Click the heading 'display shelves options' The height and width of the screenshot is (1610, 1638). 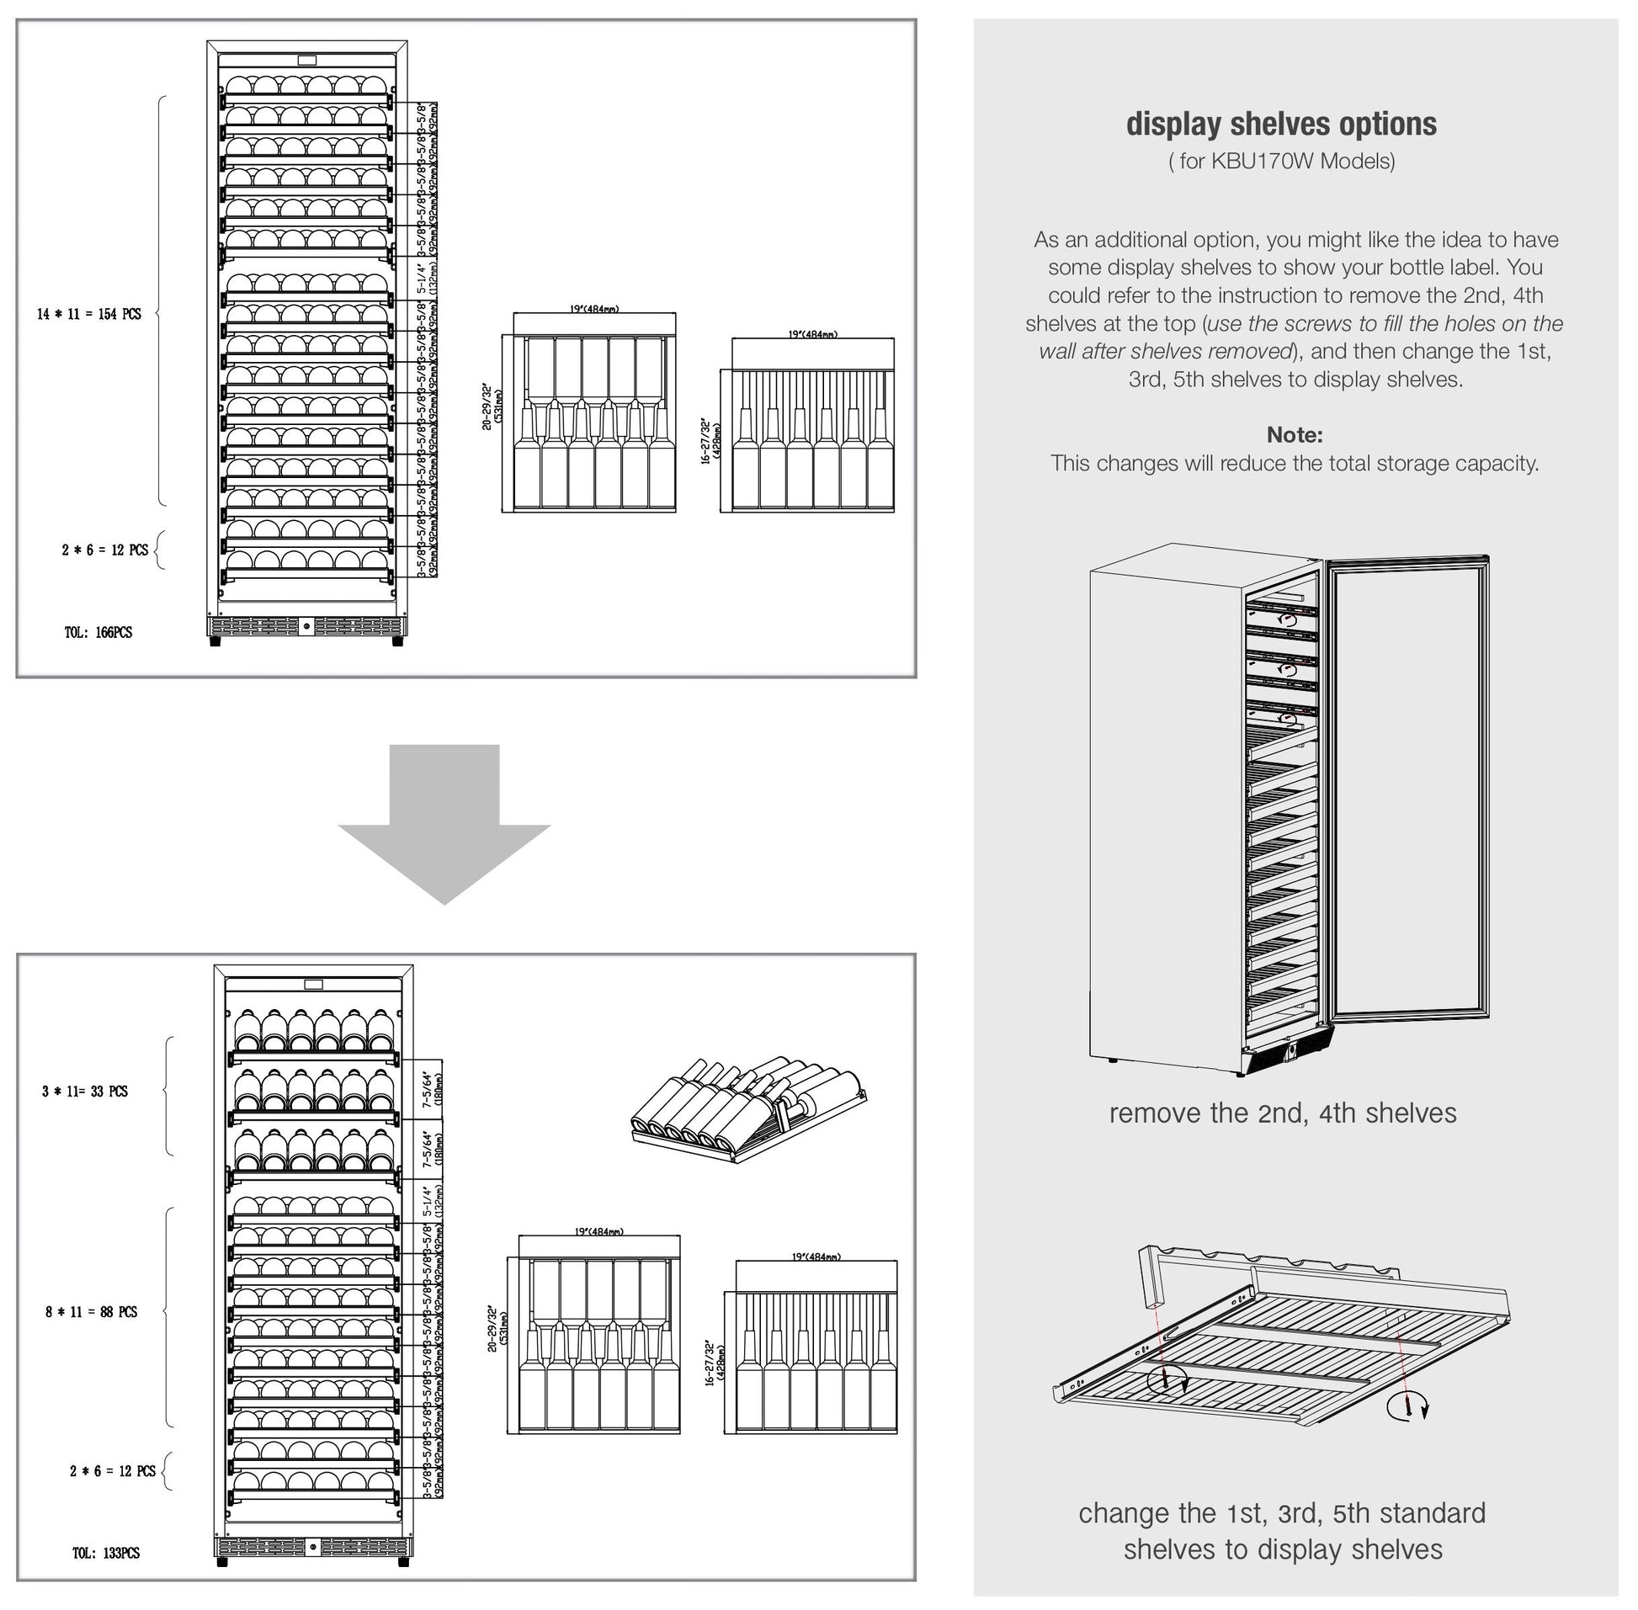(1280, 125)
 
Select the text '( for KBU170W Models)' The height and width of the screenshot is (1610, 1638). (1281, 161)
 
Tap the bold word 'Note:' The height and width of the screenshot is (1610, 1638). (1294, 434)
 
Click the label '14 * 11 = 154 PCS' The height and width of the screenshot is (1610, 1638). (88, 314)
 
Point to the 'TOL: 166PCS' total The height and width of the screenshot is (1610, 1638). (98, 633)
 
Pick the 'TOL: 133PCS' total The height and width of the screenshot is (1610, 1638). (106, 1553)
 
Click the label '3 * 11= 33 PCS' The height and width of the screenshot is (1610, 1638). (84, 1091)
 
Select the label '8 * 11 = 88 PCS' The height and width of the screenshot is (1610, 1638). (92, 1311)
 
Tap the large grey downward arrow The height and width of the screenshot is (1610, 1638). (444, 821)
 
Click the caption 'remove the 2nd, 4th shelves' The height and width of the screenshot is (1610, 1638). (1282, 1113)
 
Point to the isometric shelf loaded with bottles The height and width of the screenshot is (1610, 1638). (748, 1108)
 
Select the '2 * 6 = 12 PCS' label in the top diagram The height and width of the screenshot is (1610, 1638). (104, 550)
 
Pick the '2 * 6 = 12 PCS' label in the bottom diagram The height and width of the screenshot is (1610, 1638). (113, 1471)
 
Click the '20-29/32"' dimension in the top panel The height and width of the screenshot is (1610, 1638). (487, 406)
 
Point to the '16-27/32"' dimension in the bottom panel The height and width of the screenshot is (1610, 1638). (710, 1361)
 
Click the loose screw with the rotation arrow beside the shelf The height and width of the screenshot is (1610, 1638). (1408, 1408)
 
